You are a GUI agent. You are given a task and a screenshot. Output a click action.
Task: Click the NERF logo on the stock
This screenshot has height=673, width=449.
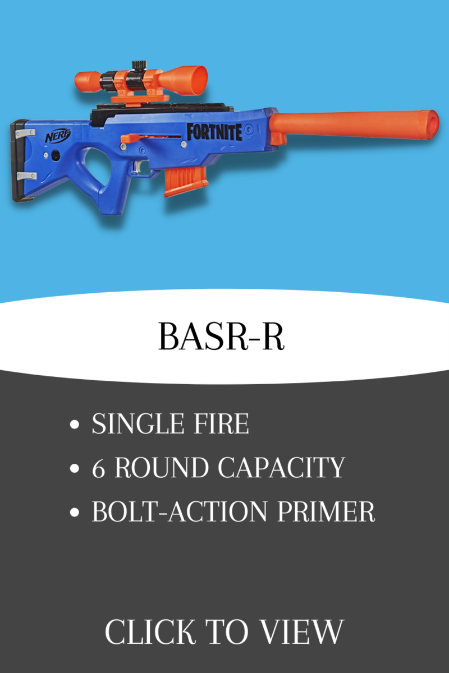[x=58, y=136]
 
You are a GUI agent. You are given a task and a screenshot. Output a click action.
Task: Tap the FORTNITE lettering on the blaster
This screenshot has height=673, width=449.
[x=214, y=132]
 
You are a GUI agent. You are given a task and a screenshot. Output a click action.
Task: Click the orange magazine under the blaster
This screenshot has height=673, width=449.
[x=186, y=182]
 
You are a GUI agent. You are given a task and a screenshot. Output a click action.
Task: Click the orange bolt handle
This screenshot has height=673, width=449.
[x=130, y=139]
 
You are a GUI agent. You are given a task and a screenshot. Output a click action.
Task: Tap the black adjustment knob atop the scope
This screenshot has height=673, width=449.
[x=140, y=64]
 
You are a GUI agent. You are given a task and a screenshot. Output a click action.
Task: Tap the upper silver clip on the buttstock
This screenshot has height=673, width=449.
[x=26, y=133]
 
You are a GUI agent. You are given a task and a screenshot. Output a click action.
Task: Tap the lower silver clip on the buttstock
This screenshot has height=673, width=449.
[x=27, y=176]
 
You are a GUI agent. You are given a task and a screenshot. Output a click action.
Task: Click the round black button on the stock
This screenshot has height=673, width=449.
[x=56, y=155]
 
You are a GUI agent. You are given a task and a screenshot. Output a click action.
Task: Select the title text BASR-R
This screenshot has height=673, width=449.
[x=221, y=337]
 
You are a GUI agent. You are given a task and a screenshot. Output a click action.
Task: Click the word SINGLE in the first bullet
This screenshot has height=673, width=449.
[x=138, y=423]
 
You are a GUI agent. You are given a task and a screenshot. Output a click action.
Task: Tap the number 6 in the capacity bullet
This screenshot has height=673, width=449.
[x=98, y=468]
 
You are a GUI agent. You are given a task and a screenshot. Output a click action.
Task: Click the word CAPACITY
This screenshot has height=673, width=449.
[x=281, y=468]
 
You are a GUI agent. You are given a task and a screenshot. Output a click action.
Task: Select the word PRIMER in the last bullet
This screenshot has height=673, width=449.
[x=326, y=511]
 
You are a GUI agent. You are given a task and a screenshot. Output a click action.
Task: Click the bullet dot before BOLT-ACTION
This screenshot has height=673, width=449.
[x=74, y=512]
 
